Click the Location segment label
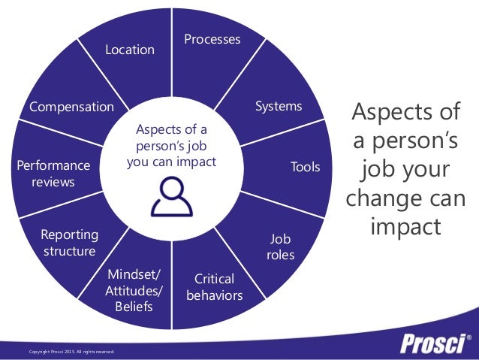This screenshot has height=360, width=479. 130,50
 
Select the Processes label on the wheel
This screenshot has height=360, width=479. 212,39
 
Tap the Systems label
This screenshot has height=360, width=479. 279,106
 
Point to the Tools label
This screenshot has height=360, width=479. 306,167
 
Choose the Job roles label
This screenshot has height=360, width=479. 280,247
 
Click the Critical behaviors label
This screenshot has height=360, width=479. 215,287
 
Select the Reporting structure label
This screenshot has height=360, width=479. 69,243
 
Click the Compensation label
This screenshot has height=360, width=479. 71,107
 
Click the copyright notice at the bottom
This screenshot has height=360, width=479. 72,351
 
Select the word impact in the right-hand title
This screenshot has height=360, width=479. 405,227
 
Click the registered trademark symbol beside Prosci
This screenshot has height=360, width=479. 469,337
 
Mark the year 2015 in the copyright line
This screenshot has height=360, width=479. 65,351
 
